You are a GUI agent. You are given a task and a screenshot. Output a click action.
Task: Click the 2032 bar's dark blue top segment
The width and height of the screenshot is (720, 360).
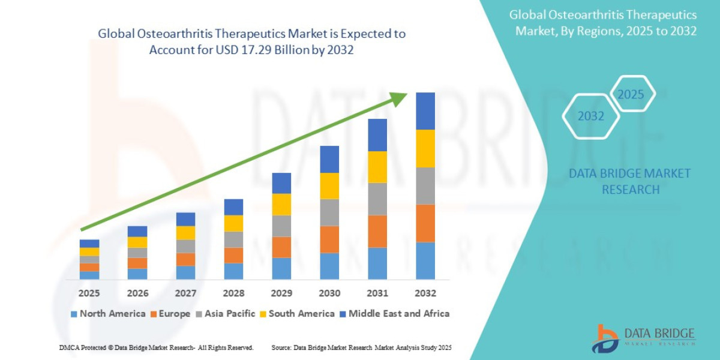425,111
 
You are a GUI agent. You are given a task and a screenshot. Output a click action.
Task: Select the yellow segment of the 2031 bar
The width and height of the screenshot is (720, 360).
377,167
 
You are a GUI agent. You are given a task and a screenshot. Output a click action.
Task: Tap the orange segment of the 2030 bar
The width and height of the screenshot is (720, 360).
329,239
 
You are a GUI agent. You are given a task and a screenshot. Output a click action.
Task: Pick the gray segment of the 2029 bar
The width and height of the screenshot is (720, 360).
281,226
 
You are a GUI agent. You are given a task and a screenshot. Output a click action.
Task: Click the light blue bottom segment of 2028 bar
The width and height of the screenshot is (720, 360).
233,271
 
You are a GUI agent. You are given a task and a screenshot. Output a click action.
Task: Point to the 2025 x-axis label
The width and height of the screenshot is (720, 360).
89,293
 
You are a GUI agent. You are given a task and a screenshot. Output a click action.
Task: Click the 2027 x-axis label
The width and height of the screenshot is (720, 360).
185,293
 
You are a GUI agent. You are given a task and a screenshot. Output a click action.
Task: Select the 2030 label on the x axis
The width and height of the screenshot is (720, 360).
329,293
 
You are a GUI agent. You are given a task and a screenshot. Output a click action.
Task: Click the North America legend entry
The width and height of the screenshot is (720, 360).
108,314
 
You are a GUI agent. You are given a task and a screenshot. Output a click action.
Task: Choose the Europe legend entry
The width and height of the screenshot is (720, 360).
171,314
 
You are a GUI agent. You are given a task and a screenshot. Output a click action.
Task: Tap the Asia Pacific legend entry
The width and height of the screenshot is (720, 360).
226,314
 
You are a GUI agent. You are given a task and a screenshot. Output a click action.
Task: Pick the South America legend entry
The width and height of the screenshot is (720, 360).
297,314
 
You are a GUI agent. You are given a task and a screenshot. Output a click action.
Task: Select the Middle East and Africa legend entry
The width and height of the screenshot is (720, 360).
394,314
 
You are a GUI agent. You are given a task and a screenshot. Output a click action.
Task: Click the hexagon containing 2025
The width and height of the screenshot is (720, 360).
631,94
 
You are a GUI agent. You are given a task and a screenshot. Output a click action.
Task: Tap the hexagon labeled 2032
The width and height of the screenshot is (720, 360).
590,116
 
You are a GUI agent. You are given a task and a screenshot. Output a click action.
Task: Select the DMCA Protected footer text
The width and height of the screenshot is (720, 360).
156,347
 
